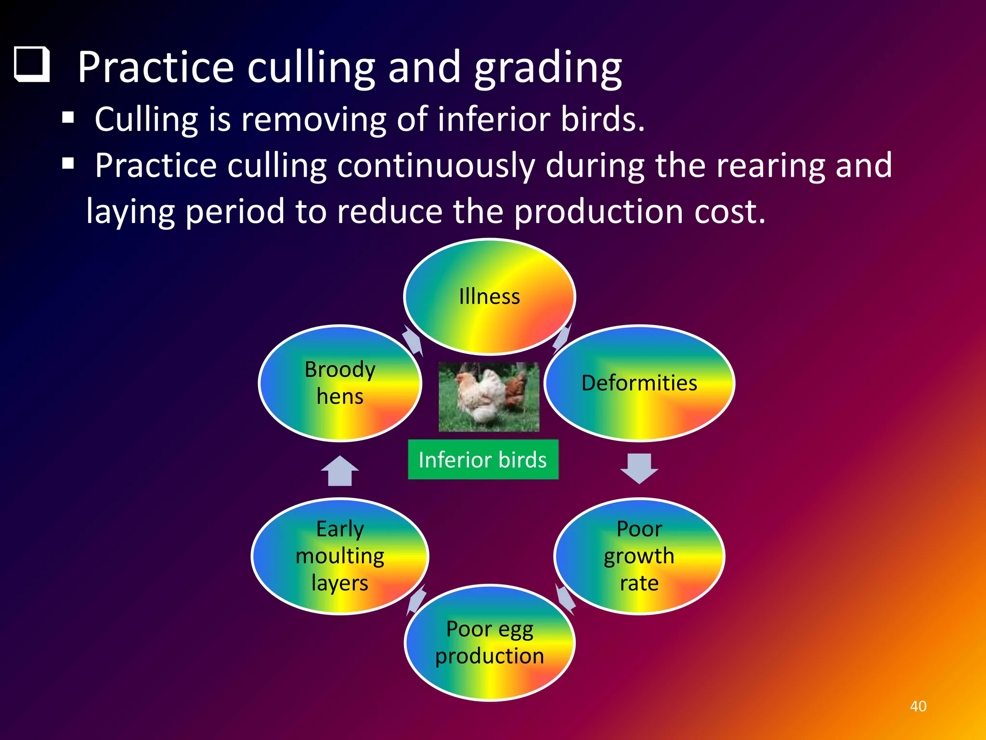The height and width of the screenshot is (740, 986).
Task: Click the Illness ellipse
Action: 489,296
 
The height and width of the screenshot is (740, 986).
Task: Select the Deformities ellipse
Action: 639,383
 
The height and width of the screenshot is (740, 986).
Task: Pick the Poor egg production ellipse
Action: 489,642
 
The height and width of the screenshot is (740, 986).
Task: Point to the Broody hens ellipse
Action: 340,383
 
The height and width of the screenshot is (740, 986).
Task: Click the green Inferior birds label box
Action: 483,459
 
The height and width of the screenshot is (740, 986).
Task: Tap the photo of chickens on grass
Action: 489,396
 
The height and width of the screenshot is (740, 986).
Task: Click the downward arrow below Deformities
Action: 639,468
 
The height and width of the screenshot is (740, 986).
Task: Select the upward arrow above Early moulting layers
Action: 340,471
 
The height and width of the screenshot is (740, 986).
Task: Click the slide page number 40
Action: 918,706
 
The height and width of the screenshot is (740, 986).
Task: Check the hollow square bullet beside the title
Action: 32,65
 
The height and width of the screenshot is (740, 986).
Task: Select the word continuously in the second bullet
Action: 436,165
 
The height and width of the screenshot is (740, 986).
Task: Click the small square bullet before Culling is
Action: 68,118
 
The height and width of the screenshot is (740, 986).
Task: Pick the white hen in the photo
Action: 481,393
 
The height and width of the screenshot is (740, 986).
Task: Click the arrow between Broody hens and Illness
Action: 413,340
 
